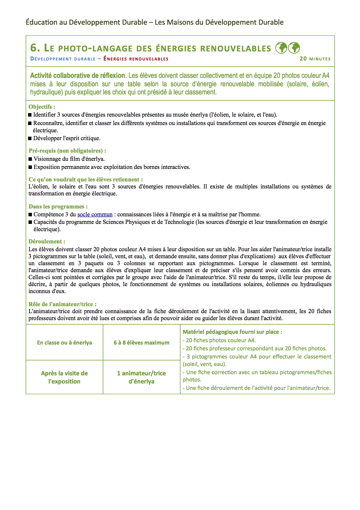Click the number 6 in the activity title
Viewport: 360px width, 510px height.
pyautogui.click(x=34, y=48)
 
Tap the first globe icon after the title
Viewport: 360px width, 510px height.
pyautogui.click(x=281, y=48)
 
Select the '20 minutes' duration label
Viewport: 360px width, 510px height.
pyautogui.click(x=315, y=59)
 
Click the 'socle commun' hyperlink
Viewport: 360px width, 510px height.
pyautogui.click(x=95, y=215)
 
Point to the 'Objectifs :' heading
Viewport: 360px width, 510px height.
pyautogui.click(x=42, y=107)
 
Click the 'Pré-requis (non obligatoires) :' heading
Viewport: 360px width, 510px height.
pyautogui.click(x=67, y=151)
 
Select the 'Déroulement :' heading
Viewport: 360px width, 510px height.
pyautogui.click(x=47, y=241)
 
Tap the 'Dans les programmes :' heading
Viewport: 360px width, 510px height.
pyautogui.click(x=58, y=206)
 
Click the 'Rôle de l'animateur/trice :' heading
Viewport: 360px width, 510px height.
pyautogui.click(x=62, y=304)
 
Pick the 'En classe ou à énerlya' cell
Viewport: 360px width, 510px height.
pyautogui.click(x=64, y=343)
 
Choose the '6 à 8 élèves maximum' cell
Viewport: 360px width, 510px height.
pyautogui.click(x=142, y=343)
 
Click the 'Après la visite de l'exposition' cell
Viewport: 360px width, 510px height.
pyautogui.click(x=64, y=377)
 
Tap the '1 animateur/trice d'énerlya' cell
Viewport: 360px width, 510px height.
pyautogui.click(x=142, y=377)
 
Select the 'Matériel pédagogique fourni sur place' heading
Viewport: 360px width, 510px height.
pyautogui.click(x=232, y=332)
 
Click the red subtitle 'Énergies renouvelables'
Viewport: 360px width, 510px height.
pyautogui.click(x=136, y=59)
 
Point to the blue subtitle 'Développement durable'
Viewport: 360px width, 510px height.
pyautogui.click(x=63, y=59)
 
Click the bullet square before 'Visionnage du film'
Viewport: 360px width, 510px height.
pyautogui.click(x=30, y=159)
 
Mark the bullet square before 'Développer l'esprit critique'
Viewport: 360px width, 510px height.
pyautogui.click(x=30, y=138)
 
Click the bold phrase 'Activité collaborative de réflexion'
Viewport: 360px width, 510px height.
pyautogui.click(x=77, y=76)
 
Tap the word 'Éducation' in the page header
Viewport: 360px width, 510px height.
pyautogui.click(x=42, y=22)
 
